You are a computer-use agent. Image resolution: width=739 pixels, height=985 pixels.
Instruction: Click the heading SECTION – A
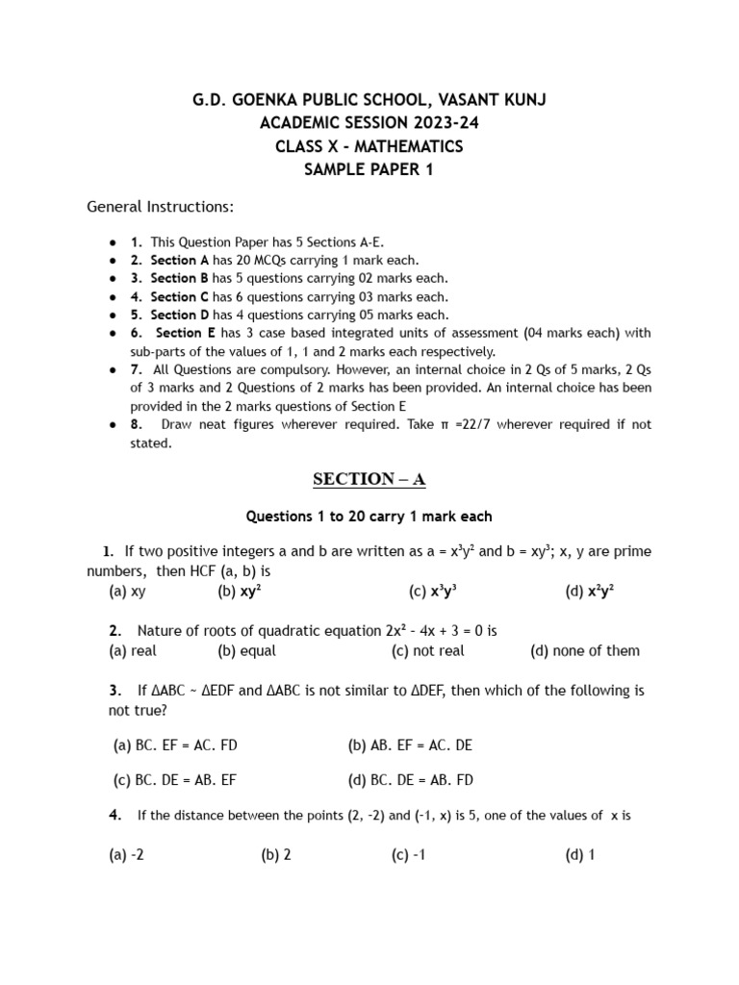coord(369,479)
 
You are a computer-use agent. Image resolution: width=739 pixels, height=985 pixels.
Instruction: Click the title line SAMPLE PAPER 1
coord(369,169)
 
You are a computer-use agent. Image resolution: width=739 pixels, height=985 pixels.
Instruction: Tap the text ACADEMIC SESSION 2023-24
coord(369,123)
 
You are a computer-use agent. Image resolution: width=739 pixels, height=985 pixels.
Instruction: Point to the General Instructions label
coord(160,207)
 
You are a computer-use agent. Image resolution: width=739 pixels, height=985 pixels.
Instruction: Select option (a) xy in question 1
coord(127,592)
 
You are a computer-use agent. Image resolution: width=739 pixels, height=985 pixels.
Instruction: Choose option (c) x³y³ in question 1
coord(432,592)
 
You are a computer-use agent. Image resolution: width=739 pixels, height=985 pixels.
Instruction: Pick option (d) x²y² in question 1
coord(590,592)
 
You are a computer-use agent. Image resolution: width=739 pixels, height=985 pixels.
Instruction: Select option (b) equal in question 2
coord(246,651)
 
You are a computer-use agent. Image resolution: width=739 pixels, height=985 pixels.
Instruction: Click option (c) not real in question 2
coord(427,651)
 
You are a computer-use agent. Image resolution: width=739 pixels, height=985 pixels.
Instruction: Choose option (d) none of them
coord(584,651)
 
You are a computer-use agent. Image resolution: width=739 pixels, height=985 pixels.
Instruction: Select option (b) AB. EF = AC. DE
coord(410,745)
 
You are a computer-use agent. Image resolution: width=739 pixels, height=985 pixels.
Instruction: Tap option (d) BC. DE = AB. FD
coord(410,780)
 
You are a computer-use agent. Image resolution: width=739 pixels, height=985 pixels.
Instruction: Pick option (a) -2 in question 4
coord(127,855)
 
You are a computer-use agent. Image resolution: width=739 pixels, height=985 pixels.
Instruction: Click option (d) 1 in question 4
coord(580,855)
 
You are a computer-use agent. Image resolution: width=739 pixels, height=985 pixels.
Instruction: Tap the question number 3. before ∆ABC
coord(115,691)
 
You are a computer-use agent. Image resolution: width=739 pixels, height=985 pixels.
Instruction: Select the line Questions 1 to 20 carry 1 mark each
coord(369,517)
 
